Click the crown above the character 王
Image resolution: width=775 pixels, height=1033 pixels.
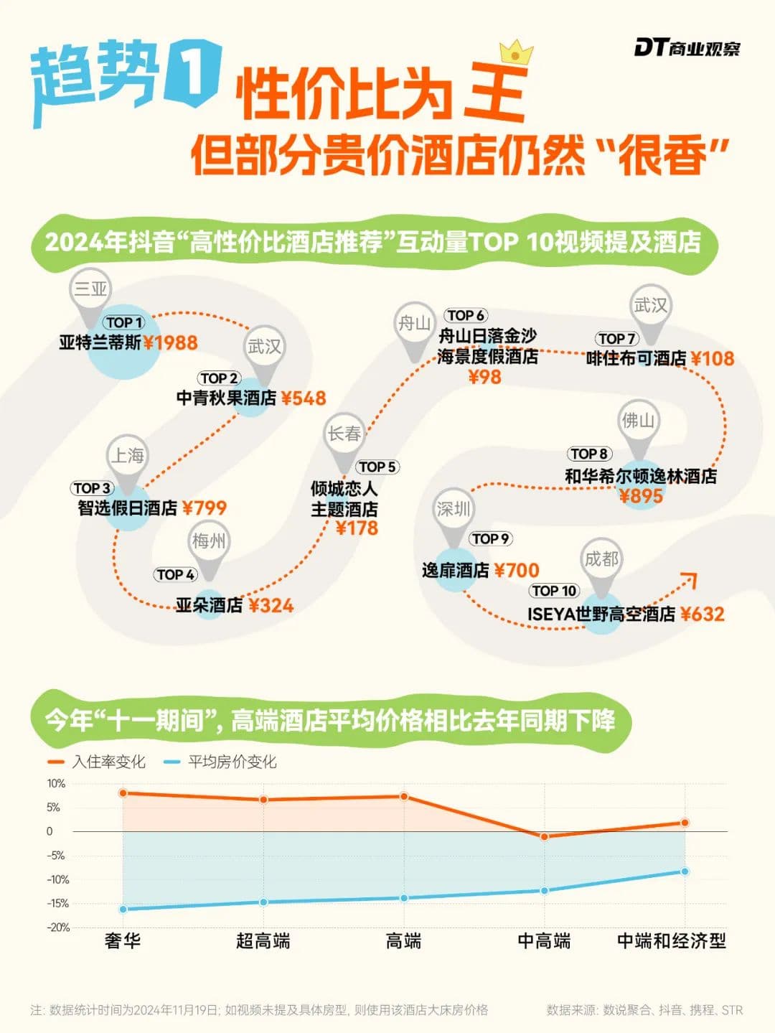(516, 52)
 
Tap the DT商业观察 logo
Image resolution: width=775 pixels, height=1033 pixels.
(687, 48)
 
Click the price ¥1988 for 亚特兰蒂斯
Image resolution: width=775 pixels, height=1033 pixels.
(171, 342)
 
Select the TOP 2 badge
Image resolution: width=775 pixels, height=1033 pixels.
(219, 378)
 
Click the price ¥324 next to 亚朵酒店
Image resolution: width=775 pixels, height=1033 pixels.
(271, 605)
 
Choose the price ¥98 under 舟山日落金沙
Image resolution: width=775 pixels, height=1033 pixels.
(484, 376)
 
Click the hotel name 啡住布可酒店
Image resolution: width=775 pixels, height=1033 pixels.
(636, 358)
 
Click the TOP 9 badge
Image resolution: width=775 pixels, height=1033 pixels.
(491, 538)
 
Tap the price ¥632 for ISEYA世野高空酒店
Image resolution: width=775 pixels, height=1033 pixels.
(703, 614)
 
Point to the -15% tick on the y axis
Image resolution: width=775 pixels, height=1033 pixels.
(57, 903)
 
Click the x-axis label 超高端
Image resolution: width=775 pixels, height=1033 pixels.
(263, 940)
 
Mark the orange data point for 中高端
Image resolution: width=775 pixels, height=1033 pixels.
(544, 836)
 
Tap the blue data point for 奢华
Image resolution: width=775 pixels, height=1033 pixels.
(123, 909)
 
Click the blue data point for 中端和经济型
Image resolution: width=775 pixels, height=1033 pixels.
(685, 871)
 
